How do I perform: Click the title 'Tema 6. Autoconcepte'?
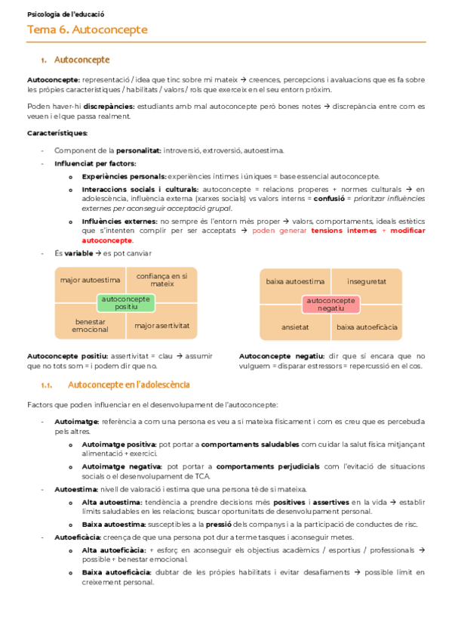pos(87,30)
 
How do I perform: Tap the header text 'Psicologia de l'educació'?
pos(66,14)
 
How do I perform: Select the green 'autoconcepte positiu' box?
pos(126,303)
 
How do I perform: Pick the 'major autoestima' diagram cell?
pos(84,280)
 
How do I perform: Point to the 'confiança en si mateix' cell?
pos(161,280)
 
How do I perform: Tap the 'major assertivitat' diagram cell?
pos(161,326)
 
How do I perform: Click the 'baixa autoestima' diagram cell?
pos(295,281)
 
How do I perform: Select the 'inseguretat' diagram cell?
pos(367,281)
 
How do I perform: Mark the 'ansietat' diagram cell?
pos(295,327)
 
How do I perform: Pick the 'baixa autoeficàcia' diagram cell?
pos(367,327)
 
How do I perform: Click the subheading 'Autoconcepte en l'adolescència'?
pos(128,385)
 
